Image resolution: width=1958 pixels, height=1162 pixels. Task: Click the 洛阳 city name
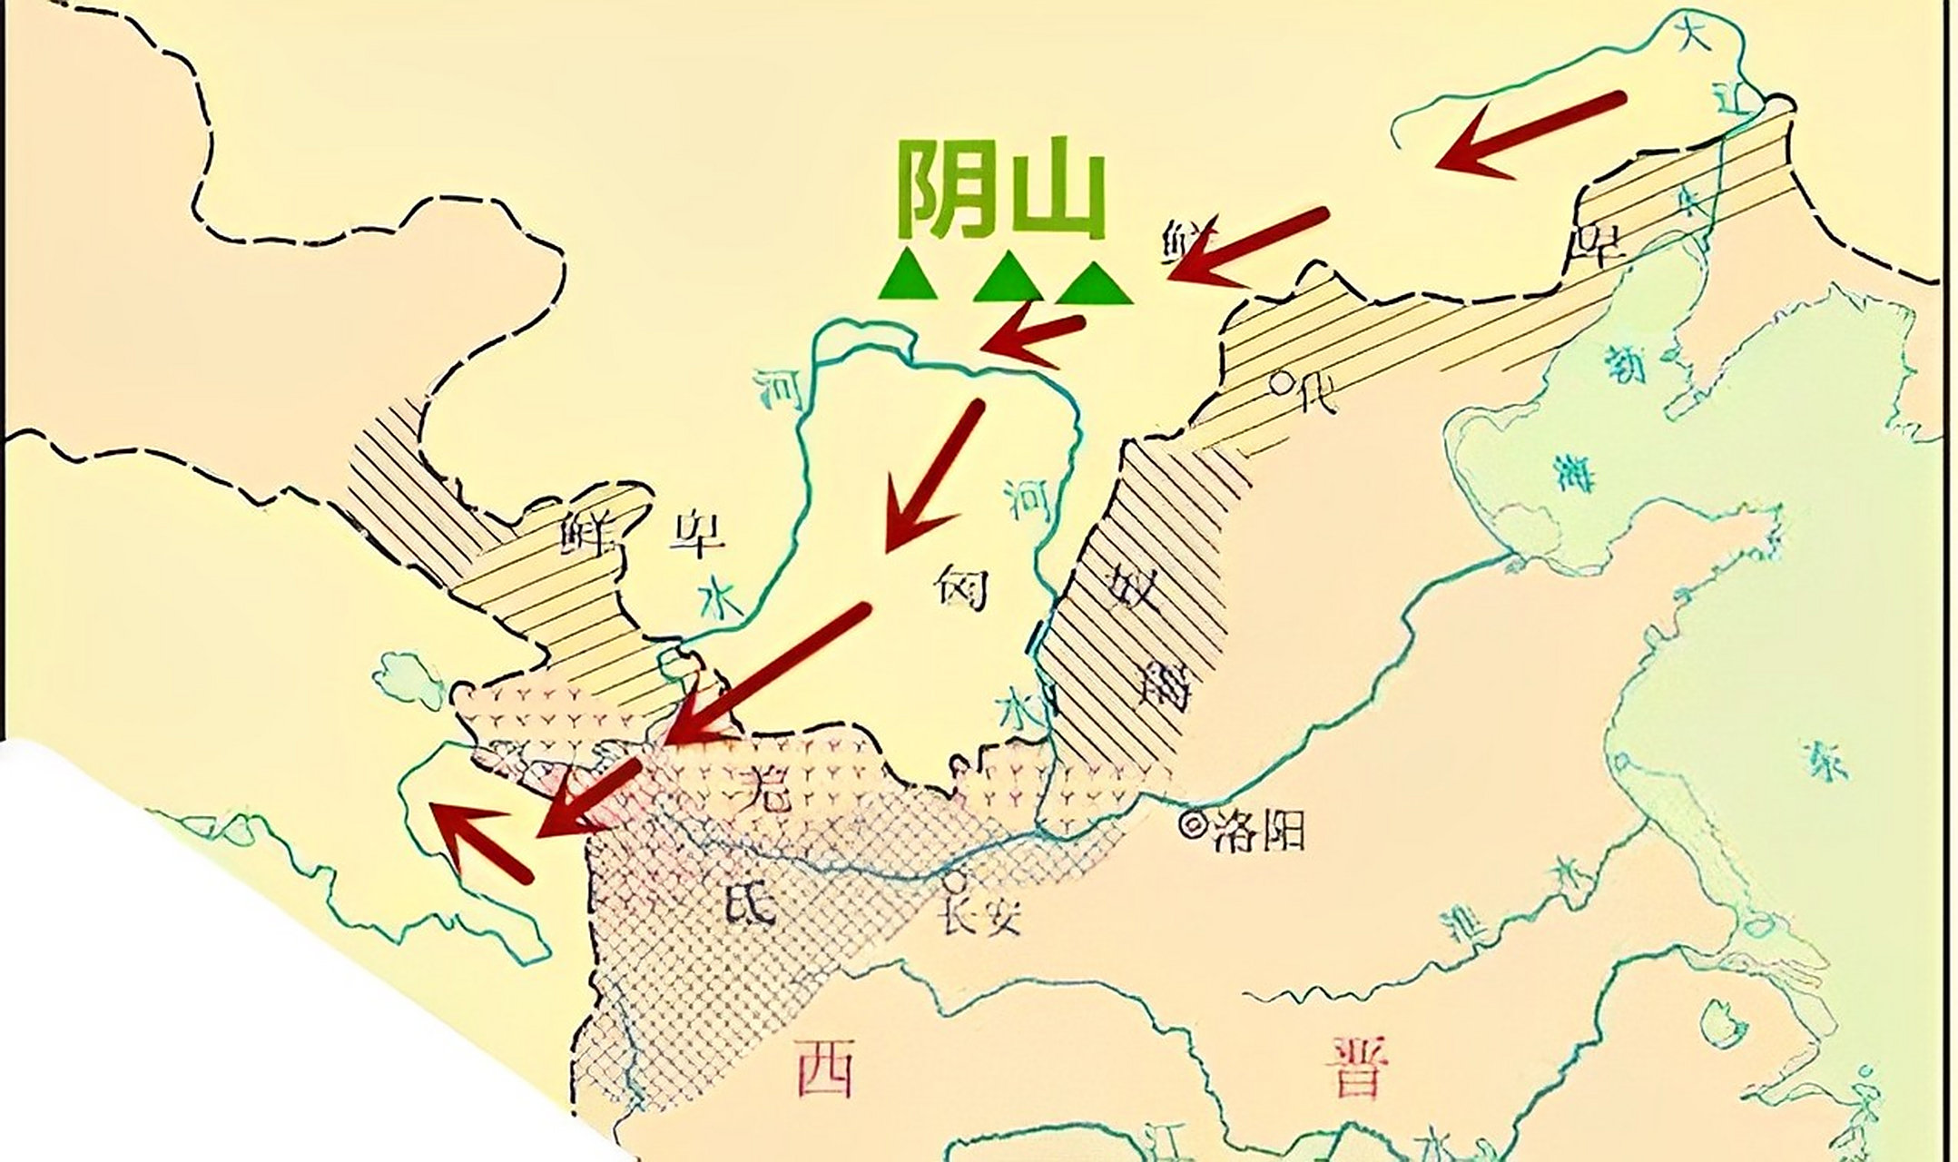coord(1258,828)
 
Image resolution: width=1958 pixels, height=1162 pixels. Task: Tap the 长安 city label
coord(980,917)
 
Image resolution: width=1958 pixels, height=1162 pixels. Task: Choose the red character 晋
coord(1357,1068)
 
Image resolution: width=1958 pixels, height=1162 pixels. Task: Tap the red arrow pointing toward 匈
coord(931,477)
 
